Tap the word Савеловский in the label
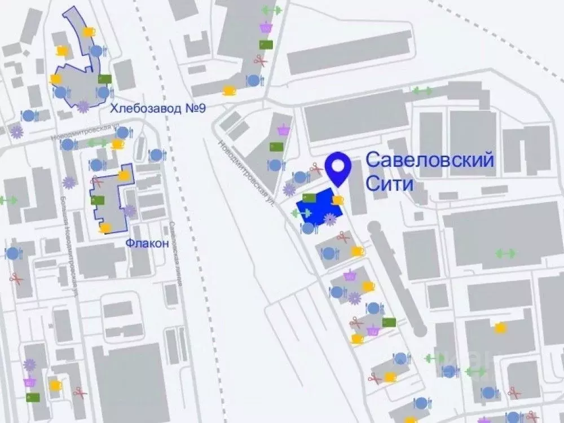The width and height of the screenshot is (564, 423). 430,160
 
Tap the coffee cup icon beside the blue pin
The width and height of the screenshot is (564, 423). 338,200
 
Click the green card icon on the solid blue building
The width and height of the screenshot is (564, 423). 309,197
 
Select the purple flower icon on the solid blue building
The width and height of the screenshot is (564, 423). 330,220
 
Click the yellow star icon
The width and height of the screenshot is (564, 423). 500,328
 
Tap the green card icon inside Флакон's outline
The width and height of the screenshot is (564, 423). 98,200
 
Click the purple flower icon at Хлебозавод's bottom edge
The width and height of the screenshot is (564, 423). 83,107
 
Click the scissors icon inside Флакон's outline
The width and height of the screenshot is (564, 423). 97,182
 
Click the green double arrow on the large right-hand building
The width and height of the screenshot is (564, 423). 505,253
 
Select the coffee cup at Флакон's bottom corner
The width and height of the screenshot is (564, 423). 105,228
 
